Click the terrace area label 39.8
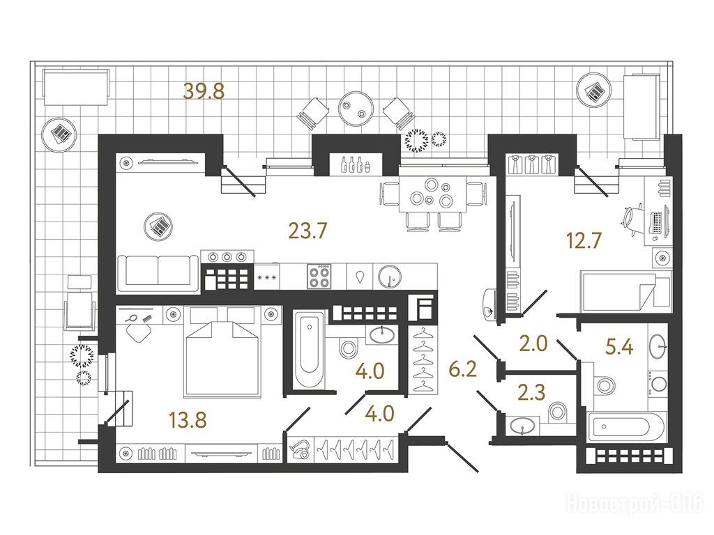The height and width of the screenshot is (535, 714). (x=204, y=91)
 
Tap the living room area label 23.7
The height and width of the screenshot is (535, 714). (x=307, y=231)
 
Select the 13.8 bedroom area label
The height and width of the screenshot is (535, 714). (x=188, y=420)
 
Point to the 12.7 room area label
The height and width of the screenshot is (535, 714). (x=584, y=240)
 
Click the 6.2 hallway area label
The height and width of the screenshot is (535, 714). (x=463, y=369)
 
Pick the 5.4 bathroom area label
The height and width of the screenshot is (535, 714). (x=619, y=347)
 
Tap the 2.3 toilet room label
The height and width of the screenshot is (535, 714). (x=531, y=393)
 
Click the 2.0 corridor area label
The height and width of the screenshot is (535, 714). (x=533, y=343)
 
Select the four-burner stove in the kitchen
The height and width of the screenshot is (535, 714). (x=318, y=276)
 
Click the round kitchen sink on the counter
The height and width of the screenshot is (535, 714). (x=389, y=276)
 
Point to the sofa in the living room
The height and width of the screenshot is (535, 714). (x=158, y=272)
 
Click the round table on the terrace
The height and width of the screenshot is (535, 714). (x=356, y=109)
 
